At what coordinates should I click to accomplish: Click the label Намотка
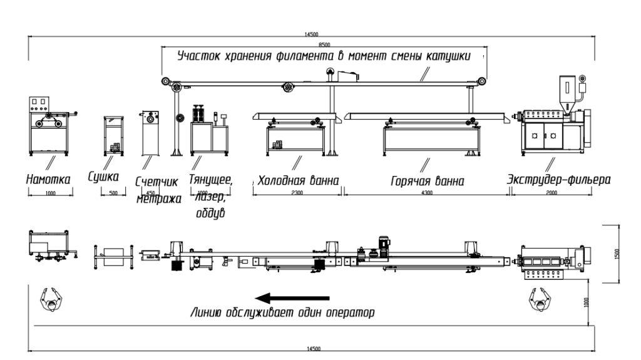click(x=48, y=179)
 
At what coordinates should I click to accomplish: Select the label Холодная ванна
click(x=299, y=180)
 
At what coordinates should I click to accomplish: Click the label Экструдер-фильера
click(x=559, y=180)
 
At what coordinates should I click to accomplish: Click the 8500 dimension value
click(x=324, y=45)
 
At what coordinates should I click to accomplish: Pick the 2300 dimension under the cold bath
click(x=297, y=193)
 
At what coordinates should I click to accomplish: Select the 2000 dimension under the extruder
click(x=551, y=193)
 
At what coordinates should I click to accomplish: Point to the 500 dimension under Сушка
click(x=113, y=193)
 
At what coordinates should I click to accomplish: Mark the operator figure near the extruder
click(x=539, y=300)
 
